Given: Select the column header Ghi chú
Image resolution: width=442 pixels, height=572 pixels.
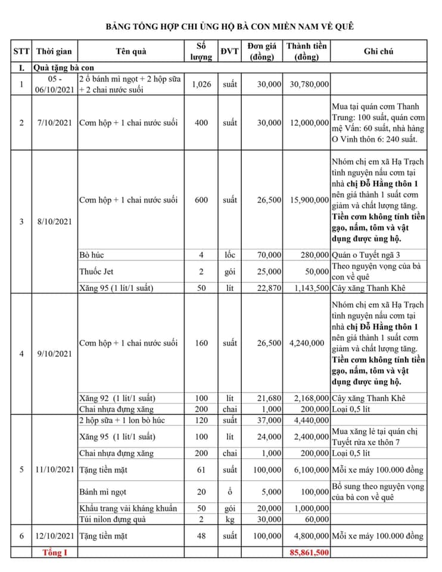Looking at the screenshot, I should pos(378,52).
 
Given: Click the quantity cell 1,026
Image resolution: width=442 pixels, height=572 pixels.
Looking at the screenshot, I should pos(202,85).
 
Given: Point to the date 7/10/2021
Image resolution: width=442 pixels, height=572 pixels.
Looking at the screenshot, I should pos(54,123).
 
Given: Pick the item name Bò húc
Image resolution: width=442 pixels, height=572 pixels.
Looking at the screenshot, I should pos(92,255).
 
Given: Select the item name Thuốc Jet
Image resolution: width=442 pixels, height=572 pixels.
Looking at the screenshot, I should pos(96,272).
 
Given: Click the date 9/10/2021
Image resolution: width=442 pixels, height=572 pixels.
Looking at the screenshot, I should pos(54,354).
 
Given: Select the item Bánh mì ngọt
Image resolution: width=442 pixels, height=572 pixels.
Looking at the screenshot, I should pos(103,492).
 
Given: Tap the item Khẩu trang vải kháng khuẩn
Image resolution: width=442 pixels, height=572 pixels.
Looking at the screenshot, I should pos(128,508).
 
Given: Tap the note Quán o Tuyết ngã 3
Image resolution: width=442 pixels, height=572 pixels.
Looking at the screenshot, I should pos(366,255).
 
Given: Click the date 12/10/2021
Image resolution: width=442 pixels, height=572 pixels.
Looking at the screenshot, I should pos(54,536).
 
